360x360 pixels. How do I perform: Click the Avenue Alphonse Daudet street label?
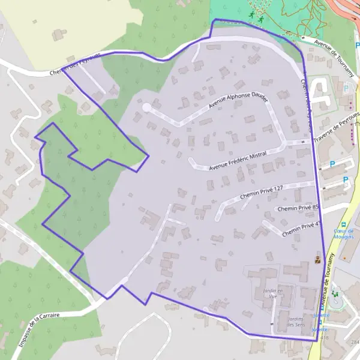click(238, 100)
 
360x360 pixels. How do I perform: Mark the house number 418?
click(325, 338)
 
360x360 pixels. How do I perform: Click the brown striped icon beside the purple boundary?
click(317, 260)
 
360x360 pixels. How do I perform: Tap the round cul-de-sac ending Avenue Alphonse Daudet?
click(146, 107)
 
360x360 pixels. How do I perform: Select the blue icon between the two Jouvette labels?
click(320, 322)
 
